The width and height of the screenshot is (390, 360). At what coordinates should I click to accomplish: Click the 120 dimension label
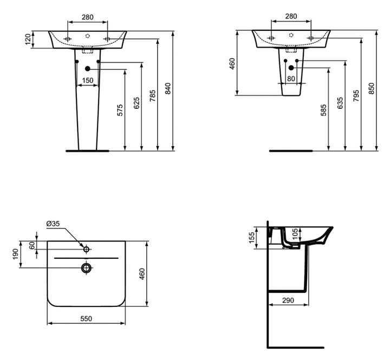coord(27,40)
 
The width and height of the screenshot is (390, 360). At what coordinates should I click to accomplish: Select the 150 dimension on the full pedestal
coord(87,81)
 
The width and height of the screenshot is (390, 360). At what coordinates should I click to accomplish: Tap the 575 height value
coord(120,110)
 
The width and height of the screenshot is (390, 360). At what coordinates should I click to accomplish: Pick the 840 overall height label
coord(168,87)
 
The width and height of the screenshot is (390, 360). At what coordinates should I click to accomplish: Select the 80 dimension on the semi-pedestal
coord(291,79)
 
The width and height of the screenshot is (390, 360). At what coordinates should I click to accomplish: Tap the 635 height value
coord(340,102)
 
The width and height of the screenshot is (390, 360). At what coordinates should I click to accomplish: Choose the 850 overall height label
coord(372,88)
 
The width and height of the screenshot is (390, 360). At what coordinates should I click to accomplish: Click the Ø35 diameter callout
coord(53,224)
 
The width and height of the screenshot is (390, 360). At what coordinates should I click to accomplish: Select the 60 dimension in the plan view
coord(32,245)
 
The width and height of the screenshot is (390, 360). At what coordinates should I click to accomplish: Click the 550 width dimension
coord(87,319)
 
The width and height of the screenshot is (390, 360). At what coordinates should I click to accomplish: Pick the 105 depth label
coord(295,233)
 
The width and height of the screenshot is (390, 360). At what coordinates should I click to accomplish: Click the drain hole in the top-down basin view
coord(86,267)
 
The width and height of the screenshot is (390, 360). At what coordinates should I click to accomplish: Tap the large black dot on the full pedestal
coord(87,69)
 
